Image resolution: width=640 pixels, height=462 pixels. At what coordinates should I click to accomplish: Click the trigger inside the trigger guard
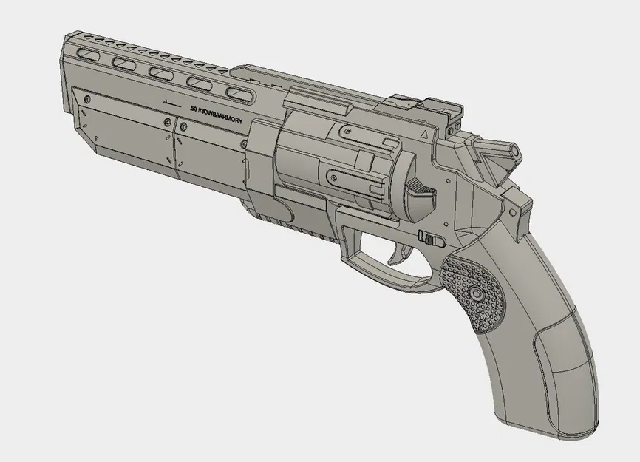coord(397,254)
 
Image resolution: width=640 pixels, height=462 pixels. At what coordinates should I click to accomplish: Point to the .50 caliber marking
coord(194,109)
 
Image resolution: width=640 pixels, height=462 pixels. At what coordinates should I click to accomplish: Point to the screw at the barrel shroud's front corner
coord(88,99)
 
